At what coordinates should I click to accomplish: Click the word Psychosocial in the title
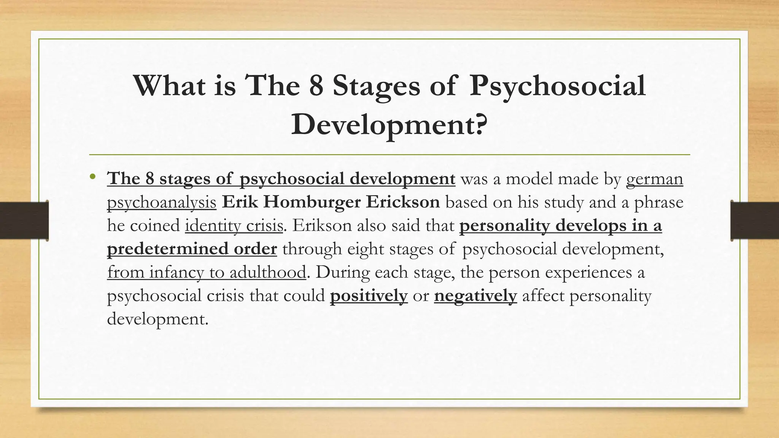[558, 86]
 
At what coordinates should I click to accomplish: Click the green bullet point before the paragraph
[92, 177]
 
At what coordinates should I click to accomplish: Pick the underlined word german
[654, 179]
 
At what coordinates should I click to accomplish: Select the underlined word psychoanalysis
[162, 202]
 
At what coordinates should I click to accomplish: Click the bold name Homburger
[312, 202]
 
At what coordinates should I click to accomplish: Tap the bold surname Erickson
[403, 202]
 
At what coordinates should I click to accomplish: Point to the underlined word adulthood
[268, 272]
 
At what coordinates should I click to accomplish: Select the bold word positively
[369, 296]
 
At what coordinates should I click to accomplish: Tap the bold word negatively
[475, 296]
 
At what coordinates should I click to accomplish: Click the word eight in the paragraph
[366, 249]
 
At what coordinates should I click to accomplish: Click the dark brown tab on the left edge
[24, 221]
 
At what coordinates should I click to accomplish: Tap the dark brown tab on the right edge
[755, 221]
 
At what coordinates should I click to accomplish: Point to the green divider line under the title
[389, 155]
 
